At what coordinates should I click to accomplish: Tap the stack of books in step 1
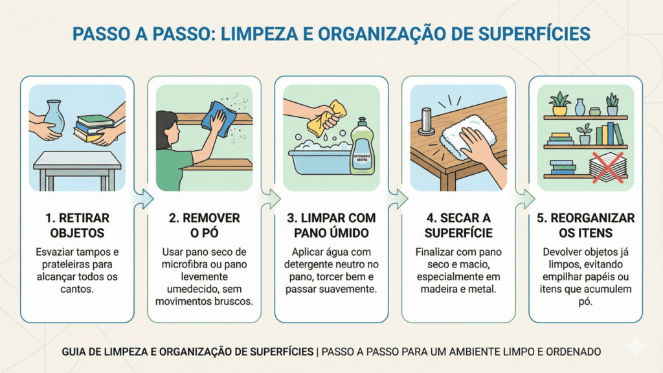tap(91, 127)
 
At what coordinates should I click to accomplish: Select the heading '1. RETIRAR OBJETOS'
tap(77, 225)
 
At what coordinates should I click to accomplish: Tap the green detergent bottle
tap(361, 150)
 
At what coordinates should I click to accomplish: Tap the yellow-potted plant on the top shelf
tap(559, 104)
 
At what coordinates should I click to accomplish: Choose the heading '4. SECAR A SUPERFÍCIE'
tap(458, 225)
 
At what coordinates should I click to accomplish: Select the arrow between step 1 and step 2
tap(140, 199)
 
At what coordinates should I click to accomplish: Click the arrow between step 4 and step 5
tap(523, 199)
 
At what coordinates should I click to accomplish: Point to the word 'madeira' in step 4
tap(438, 288)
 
